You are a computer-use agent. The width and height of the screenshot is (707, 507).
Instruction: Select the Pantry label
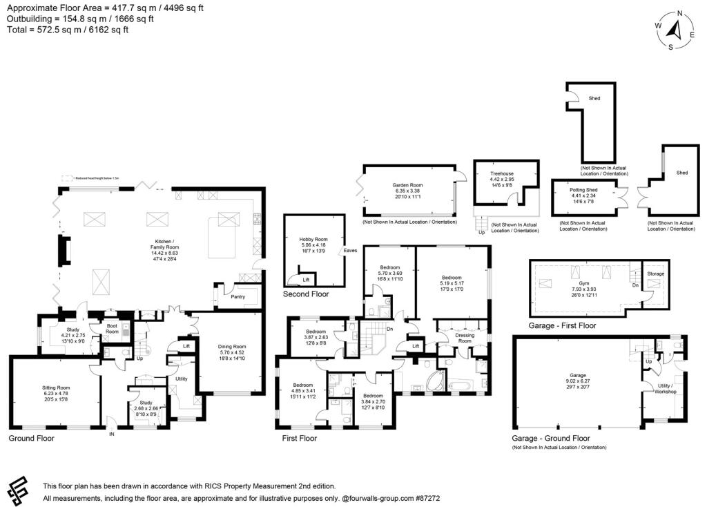click(x=238, y=296)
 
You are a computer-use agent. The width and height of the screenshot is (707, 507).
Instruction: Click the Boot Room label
click(x=112, y=329)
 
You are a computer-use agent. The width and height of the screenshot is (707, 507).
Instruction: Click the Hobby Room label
click(x=314, y=239)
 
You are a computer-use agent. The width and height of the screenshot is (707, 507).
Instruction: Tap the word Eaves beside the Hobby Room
click(x=351, y=251)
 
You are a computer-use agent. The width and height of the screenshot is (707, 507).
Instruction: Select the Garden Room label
click(x=407, y=185)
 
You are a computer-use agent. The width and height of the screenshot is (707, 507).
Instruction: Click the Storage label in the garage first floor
click(x=655, y=274)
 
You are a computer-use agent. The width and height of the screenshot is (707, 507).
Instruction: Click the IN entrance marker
click(x=112, y=434)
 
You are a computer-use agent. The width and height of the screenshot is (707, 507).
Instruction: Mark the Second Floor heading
click(x=305, y=294)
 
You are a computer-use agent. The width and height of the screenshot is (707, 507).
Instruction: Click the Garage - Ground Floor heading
click(x=550, y=438)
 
